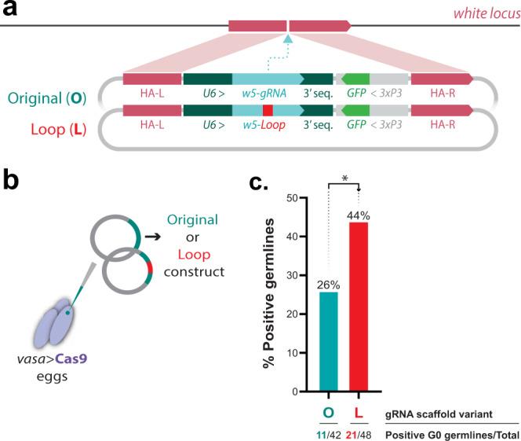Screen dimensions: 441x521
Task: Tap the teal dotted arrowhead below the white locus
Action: (x=289, y=38)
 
